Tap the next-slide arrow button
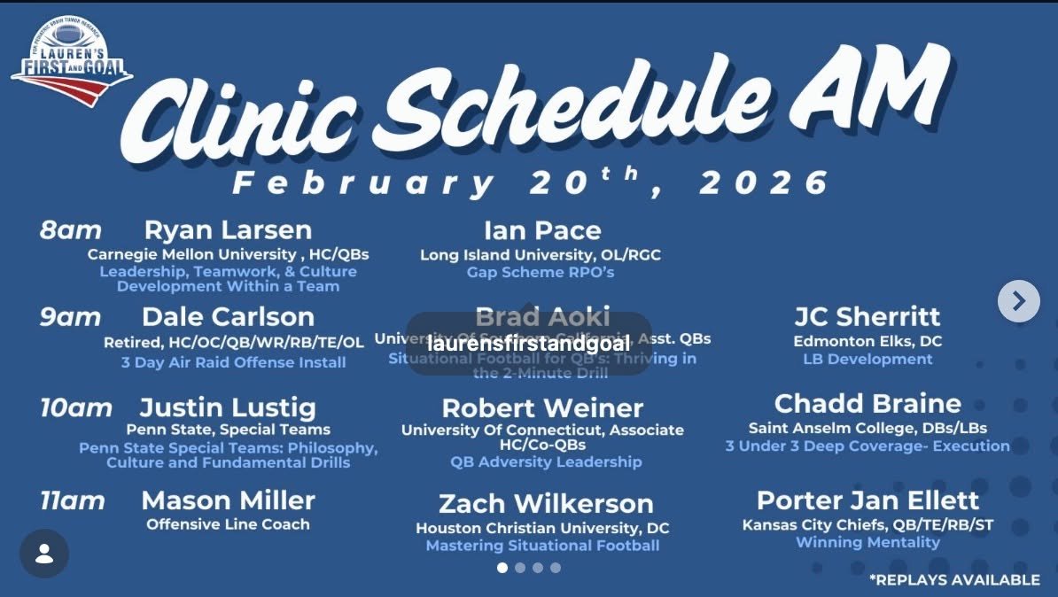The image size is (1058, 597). [x=1018, y=301]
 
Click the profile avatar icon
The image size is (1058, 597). [x=44, y=554]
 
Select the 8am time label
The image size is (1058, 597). [x=71, y=231]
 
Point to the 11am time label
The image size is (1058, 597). [x=73, y=501]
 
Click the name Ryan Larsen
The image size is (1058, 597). [x=228, y=230]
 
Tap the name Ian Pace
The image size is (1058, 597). [x=542, y=231]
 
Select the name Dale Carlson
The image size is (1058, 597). [x=228, y=317]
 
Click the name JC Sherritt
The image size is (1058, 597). [x=867, y=317]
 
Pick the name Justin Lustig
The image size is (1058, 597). [x=228, y=408]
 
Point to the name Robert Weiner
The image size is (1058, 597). [x=542, y=408]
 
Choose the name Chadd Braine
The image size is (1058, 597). [x=867, y=404]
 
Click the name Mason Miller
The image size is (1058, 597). [x=228, y=500]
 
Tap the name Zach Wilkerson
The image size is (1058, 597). [x=546, y=504]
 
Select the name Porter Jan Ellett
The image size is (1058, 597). [x=867, y=500]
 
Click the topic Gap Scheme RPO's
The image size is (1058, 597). [x=541, y=272]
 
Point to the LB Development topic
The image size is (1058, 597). [x=867, y=359]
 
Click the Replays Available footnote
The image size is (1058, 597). [x=954, y=579]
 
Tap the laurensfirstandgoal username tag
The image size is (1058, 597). [x=529, y=343]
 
